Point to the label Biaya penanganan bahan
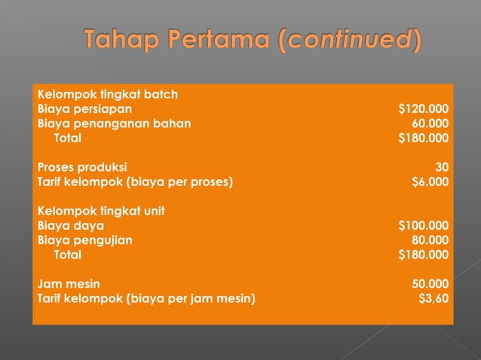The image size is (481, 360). [114, 124]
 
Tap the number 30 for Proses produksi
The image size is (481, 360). [441, 166]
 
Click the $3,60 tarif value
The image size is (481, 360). [433, 298]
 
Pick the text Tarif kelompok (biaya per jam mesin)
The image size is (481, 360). [146, 298]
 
